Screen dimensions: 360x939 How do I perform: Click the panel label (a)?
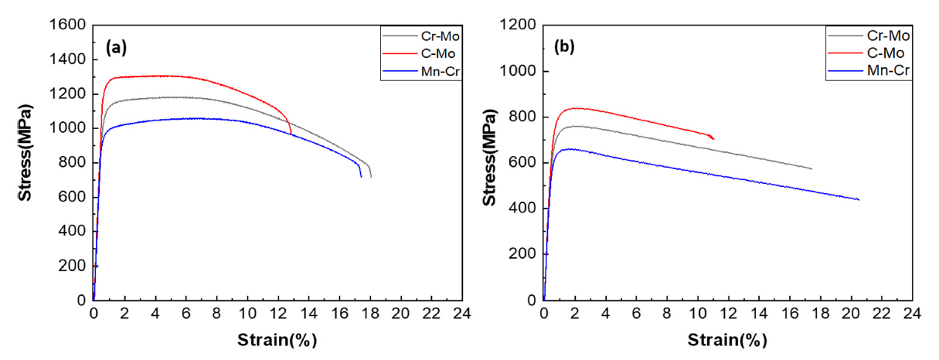(x=116, y=47)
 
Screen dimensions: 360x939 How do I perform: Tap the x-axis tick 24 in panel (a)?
(x=461, y=315)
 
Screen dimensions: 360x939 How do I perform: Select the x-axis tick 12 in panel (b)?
(x=728, y=315)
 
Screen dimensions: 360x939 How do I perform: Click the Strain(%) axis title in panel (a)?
(x=277, y=340)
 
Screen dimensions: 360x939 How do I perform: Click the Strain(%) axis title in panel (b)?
(x=727, y=340)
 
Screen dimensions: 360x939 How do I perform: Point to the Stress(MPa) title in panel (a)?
(x=26, y=162)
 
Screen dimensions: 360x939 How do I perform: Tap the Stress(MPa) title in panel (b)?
(x=489, y=162)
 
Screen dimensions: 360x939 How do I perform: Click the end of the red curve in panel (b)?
(x=713, y=139)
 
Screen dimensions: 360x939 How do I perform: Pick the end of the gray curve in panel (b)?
(x=812, y=168)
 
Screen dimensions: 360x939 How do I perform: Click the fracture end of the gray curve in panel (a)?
(x=371, y=177)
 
